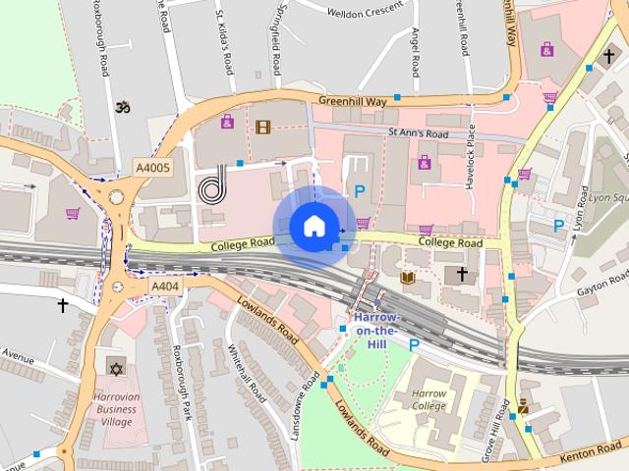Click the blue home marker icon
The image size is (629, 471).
point(314,226)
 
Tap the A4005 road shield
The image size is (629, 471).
point(152,168)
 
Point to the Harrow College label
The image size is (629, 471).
point(429,400)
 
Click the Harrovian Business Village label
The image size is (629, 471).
point(115,408)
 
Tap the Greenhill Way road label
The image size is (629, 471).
point(353,100)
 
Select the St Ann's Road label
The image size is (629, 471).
point(418,133)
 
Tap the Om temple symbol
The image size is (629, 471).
point(122,105)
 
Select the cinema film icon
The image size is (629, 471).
point(262,126)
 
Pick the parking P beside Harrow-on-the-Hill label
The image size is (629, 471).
point(414,344)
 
